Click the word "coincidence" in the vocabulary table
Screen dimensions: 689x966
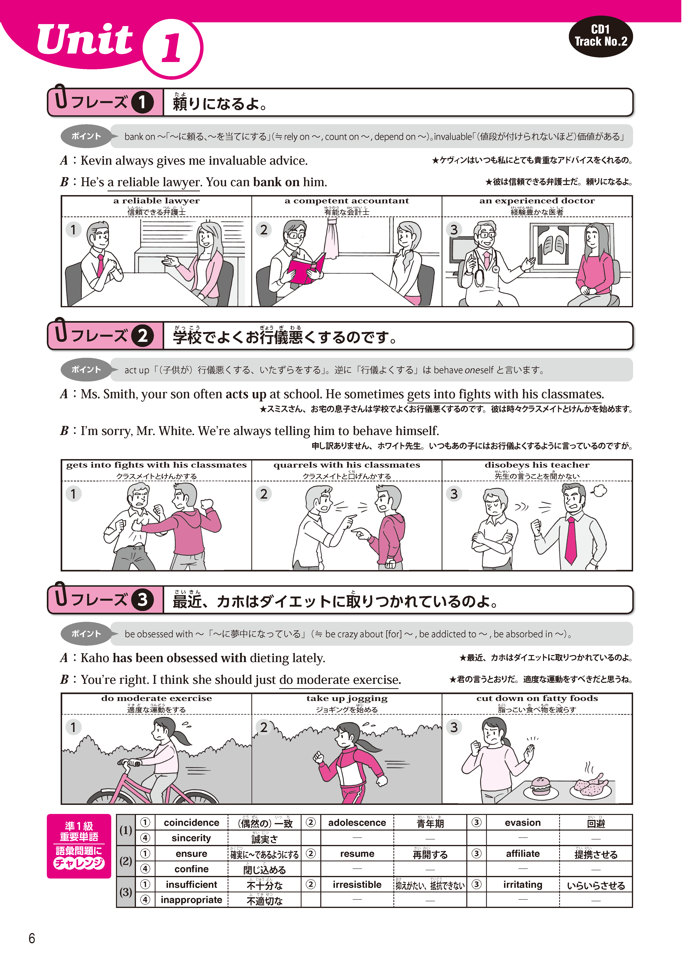(x=191, y=822)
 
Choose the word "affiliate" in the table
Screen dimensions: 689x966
(x=523, y=854)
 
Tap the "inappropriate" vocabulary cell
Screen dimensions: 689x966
(x=191, y=900)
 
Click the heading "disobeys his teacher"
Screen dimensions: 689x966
(x=537, y=465)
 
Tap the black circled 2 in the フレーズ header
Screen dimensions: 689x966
(x=142, y=336)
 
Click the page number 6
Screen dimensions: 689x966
(x=32, y=938)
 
